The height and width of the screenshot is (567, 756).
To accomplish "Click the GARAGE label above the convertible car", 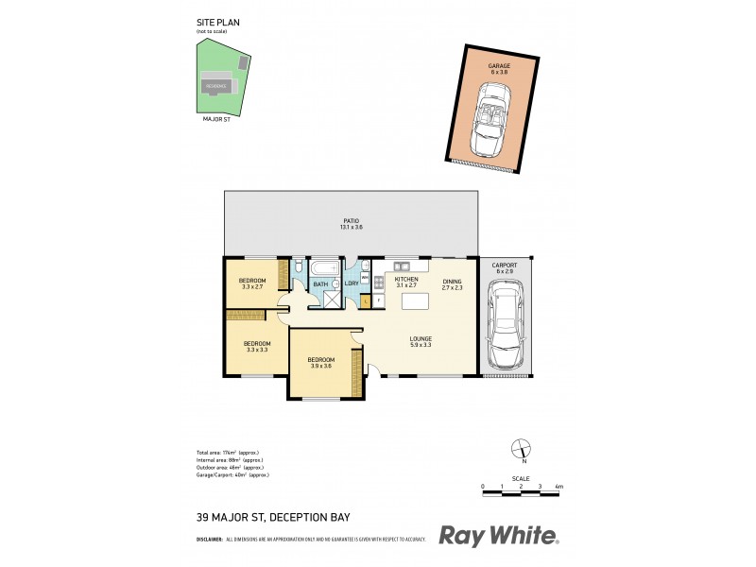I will click(499, 66).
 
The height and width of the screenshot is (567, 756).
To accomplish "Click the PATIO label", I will click(351, 220).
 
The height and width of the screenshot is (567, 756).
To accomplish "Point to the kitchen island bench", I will click(414, 301).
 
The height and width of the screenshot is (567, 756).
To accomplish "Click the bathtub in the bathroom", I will click(325, 268).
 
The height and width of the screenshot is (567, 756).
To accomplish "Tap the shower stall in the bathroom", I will click(333, 299).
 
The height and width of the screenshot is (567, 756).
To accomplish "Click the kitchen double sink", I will click(403, 265).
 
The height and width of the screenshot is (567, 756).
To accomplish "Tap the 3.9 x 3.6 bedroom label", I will click(320, 362).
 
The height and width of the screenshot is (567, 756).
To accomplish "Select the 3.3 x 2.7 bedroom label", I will click(251, 283).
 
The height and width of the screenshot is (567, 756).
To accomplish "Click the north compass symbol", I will click(520, 451).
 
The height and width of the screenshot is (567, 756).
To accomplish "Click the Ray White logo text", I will click(498, 536).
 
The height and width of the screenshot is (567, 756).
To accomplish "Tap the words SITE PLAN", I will click(211, 25).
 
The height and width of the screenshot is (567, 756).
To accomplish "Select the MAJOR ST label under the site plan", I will click(217, 120).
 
